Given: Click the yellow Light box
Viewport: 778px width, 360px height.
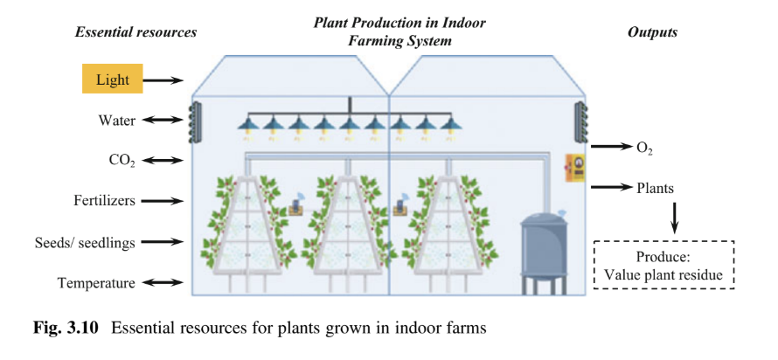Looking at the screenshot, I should click(x=113, y=80).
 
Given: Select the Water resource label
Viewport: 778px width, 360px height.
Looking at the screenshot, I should click(x=116, y=120).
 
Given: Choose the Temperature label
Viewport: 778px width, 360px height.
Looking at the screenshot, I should click(x=97, y=282).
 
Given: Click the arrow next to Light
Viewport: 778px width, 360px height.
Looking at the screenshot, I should click(x=163, y=80).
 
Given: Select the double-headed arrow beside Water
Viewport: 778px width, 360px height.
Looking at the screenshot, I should click(x=163, y=120).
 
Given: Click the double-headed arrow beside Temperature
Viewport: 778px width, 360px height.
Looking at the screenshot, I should click(x=163, y=282).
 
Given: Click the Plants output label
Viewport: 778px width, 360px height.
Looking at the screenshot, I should click(x=655, y=187).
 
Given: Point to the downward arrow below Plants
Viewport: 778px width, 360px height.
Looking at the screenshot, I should click(x=675, y=217).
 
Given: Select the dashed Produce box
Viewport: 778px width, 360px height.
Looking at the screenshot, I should click(x=664, y=264).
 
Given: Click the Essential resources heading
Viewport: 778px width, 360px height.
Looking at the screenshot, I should click(x=135, y=32).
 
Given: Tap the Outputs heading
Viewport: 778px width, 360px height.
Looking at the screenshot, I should click(x=652, y=32).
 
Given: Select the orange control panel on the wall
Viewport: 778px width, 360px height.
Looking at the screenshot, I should click(x=574, y=168).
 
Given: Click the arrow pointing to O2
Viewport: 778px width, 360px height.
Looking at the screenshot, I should click(x=610, y=147).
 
